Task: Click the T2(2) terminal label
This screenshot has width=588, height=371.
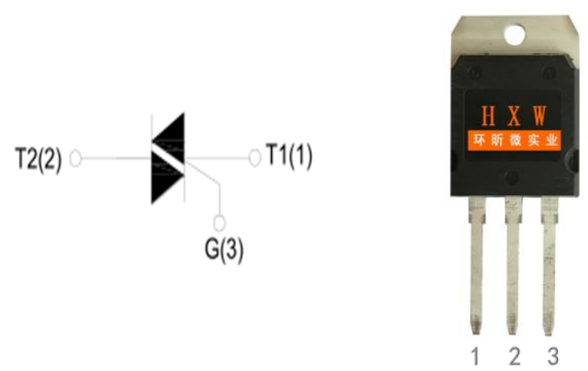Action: pos(39,159)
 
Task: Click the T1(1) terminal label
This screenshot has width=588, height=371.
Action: pos(288,155)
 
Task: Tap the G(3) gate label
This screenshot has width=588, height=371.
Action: pos(224,250)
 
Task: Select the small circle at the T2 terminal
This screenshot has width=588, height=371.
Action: pos(75,158)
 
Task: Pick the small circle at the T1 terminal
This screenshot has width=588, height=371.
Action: pos(254,158)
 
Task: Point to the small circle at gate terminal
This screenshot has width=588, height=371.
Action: pos(220,223)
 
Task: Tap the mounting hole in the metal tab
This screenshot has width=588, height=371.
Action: pos(514,35)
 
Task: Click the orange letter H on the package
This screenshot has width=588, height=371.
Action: pos(488,116)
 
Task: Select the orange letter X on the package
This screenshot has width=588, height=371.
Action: pos(514,116)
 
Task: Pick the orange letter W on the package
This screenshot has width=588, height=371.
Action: pos(539,116)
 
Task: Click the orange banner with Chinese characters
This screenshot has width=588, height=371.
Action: pos(514,141)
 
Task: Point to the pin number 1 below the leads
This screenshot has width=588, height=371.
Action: pos(475,356)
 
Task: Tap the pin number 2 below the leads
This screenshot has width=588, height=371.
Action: pos(514,356)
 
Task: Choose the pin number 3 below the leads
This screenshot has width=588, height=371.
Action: pos(553,356)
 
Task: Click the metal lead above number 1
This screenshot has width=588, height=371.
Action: pos(476,265)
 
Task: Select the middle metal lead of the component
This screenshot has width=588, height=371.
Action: pos(513,265)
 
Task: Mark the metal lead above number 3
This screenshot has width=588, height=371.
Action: pos(549,265)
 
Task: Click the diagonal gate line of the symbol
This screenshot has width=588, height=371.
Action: pos(202,173)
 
